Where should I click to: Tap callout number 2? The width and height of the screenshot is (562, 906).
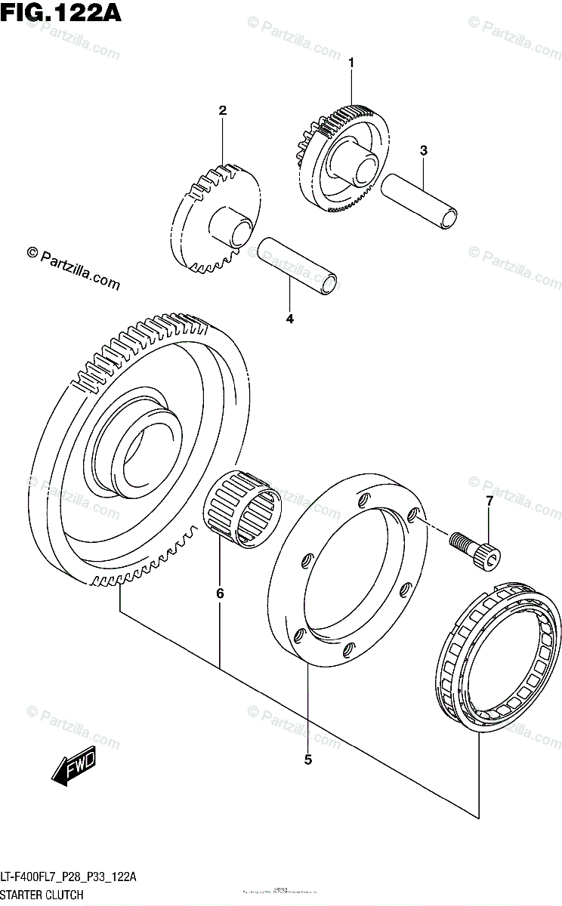(x=223, y=111)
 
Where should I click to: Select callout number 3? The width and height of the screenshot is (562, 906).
(x=424, y=151)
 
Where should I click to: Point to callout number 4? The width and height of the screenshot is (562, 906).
(x=290, y=319)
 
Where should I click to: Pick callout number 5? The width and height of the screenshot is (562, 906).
(x=308, y=760)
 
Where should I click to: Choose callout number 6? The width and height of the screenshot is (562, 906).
(x=220, y=594)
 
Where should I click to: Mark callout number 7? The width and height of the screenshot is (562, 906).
(x=489, y=501)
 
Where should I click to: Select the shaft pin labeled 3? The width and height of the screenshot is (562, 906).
(x=420, y=199)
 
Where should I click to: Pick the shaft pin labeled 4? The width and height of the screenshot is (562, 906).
(x=297, y=265)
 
